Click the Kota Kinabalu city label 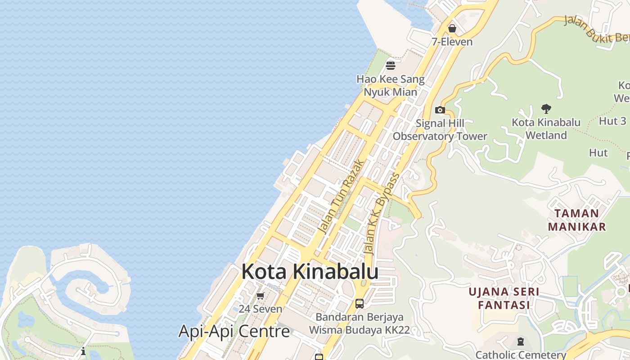point(310,272)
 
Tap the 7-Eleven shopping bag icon point(452,28)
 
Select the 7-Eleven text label point(452,42)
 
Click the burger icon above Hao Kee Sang point(391,66)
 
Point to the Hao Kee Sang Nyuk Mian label point(391,85)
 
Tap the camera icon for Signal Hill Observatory point(440,110)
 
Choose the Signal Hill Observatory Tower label point(440,130)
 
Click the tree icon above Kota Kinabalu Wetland point(546,108)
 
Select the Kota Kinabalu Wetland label point(546,128)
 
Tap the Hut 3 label point(612,121)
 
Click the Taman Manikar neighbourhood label point(576,220)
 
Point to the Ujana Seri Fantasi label point(504,298)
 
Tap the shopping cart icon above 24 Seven point(260,296)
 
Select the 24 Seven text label point(260,309)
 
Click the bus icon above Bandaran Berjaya point(359,303)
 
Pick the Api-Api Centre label point(234,331)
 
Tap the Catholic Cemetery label point(521,355)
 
